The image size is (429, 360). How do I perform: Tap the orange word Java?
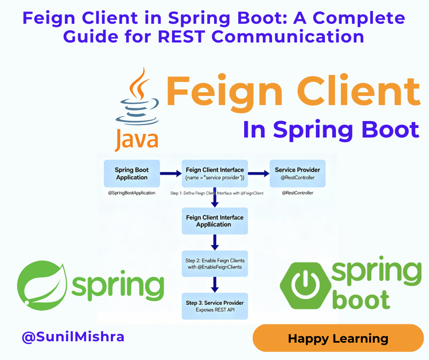click(x=136, y=139)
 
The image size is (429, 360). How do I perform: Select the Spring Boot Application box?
click(x=131, y=174)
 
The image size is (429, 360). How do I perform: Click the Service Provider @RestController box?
click(x=298, y=174)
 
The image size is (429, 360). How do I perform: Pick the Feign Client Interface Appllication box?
click(x=214, y=221)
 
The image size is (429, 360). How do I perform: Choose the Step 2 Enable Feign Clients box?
click(x=214, y=264)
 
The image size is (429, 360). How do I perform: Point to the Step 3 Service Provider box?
click(x=214, y=306)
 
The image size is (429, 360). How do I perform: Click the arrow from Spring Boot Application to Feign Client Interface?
click(x=171, y=174)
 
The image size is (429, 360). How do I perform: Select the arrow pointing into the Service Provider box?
click(x=258, y=174)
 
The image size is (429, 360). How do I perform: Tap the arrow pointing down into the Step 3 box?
click(x=214, y=285)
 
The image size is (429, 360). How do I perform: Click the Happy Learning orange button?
click(x=338, y=339)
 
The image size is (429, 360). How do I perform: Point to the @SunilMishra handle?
click(x=73, y=338)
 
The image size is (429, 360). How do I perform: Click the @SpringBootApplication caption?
click(x=131, y=193)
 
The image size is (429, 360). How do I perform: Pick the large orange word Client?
click(x=356, y=92)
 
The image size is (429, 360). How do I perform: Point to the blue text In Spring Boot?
click(x=331, y=129)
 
